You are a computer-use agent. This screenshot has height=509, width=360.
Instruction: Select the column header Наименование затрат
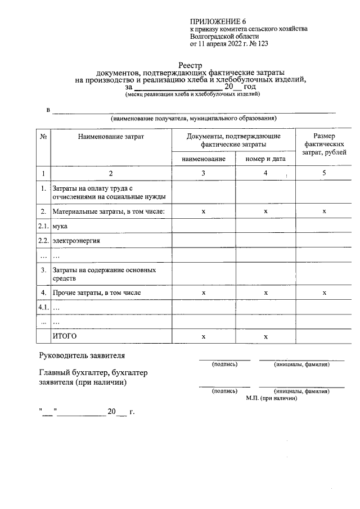click(111, 137)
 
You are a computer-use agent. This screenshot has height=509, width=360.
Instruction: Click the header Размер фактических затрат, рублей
click(324, 145)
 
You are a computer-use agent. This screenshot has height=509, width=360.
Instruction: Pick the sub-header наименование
click(203, 159)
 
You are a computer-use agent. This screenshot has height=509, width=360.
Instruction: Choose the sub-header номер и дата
click(265, 159)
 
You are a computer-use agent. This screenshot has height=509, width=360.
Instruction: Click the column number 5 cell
click(324, 173)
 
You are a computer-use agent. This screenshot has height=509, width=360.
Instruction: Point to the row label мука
click(60, 226)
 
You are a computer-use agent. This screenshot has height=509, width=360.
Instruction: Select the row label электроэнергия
click(76, 241)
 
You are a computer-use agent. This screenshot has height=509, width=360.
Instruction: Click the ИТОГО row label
click(64, 336)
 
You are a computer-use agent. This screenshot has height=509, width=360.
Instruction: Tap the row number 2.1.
click(43, 226)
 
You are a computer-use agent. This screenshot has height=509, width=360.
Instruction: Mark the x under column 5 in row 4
click(324, 293)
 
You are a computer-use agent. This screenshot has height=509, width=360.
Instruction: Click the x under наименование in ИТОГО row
click(203, 336)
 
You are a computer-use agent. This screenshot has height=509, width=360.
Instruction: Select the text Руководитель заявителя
click(82, 355)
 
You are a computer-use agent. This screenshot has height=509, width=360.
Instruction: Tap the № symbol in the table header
click(43, 137)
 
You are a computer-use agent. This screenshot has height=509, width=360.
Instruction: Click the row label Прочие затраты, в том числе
click(96, 293)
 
